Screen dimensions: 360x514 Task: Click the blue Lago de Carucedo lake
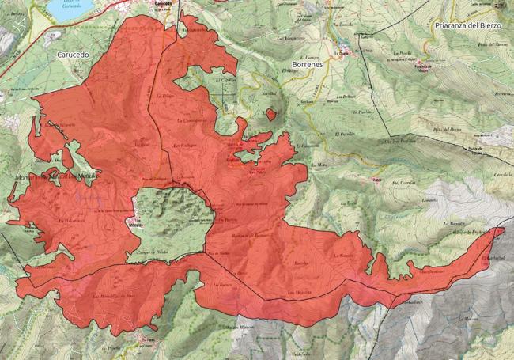point(67,9)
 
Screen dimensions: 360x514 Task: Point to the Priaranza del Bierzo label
point(469,25)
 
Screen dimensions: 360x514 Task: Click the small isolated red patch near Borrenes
point(271,115)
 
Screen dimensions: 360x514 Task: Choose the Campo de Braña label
point(153,251)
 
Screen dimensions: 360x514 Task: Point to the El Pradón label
point(343,112)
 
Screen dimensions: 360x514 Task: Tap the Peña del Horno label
point(448,128)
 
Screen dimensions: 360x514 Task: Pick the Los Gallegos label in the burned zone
point(185,146)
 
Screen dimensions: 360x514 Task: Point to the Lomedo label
point(429,199)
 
